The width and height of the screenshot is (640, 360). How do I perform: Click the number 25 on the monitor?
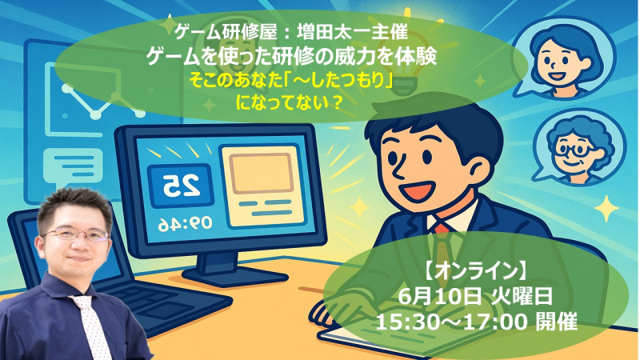tap(182, 186)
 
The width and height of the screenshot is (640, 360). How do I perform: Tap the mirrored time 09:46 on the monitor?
tap(186, 223)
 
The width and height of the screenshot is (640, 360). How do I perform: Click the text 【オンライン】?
tap(475, 270)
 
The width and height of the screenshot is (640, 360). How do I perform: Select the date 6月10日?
tap(439, 297)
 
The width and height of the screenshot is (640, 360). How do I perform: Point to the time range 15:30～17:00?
tap(451, 322)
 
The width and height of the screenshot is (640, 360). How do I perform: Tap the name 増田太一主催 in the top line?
tap(352, 32)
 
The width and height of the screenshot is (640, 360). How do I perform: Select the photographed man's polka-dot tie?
tap(90, 325)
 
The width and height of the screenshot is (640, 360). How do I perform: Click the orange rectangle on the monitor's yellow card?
tap(261, 174)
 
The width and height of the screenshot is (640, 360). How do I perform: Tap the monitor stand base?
tap(234, 277)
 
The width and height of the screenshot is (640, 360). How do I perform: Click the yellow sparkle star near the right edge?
tap(606, 209)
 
